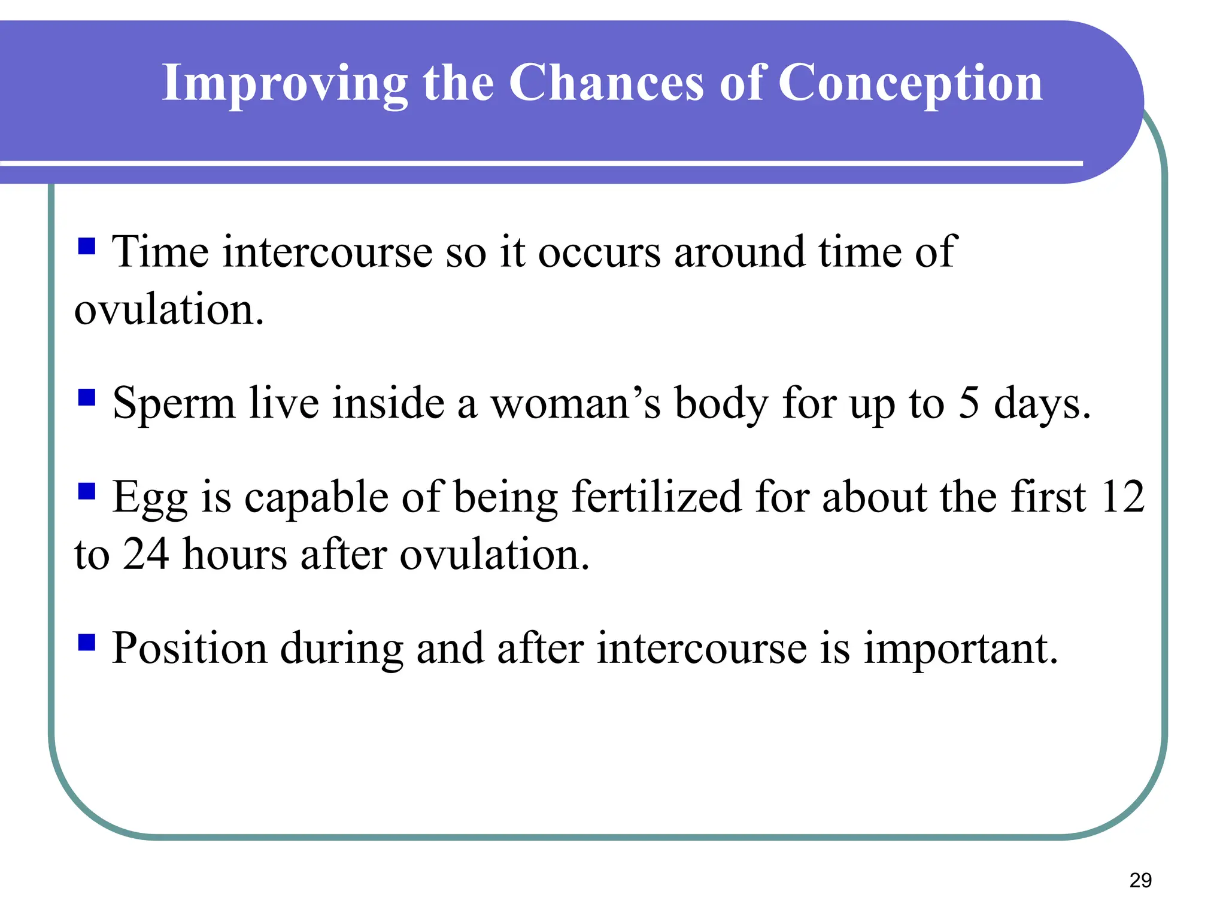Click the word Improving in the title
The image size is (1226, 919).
285,84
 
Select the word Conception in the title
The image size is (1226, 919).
910,84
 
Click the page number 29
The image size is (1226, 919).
1140,880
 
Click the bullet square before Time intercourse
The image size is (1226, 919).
87,246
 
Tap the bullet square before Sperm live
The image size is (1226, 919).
87,397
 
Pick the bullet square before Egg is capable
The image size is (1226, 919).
87,491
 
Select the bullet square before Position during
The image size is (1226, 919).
87,643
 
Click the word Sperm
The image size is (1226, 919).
174,404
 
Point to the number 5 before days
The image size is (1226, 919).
969,402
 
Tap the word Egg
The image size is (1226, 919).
150,498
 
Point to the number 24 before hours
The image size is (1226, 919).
145,554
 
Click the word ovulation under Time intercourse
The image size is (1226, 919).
169,310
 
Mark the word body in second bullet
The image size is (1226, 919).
721,404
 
